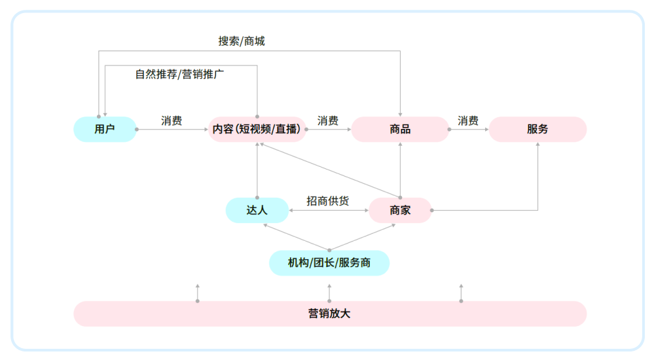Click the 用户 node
tap(105, 130)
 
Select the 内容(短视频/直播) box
tap(257, 130)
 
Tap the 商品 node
tap(399, 130)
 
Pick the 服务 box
tap(537, 130)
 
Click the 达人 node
tap(257, 210)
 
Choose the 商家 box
tap(400, 210)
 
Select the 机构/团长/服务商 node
tap(329, 263)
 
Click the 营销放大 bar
tap(329, 314)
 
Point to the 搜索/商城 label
tap(242, 41)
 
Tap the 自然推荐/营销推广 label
tap(180, 74)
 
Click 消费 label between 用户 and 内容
tap(172, 121)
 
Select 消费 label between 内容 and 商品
tap(328, 121)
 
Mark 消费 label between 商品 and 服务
tap(468, 121)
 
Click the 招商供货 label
tap(328, 201)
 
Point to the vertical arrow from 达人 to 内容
tap(257, 170)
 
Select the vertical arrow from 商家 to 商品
tap(400, 170)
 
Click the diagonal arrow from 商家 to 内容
tap(327, 170)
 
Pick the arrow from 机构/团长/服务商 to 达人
tap(295, 236)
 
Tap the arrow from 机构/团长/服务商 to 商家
tap(363, 236)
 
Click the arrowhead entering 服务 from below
tap(537, 145)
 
